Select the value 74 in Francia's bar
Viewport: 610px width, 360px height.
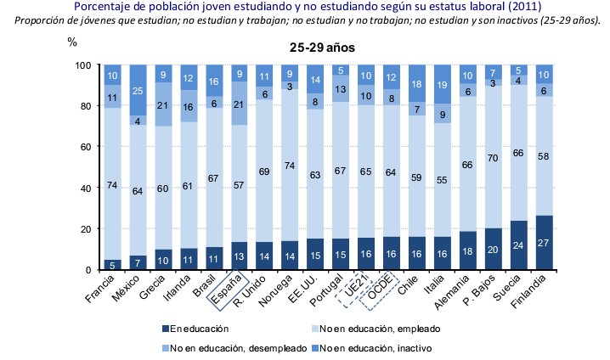111,183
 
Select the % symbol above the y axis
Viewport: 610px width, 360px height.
71,41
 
